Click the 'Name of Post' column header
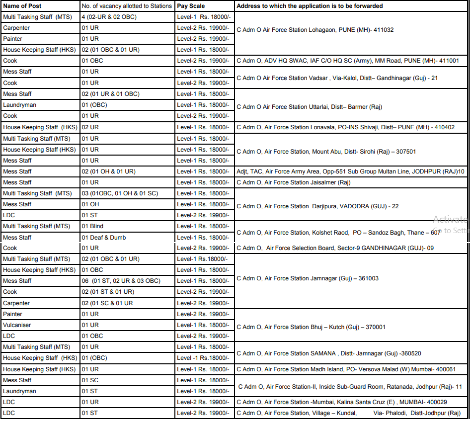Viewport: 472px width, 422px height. click(x=22, y=6)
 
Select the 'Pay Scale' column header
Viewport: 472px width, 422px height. click(x=191, y=6)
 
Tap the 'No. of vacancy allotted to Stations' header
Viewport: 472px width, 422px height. click(x=127, y=6)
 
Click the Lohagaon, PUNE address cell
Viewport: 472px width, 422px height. click(x=315, y=30)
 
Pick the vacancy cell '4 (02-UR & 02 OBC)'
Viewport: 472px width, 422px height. click(x=109, y=17)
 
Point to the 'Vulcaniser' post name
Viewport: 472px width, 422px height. click(x=17, y=325)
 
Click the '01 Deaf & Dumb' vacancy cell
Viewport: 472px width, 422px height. click(x=104, y=238)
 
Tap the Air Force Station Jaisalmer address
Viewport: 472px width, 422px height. click(x=293, y=182)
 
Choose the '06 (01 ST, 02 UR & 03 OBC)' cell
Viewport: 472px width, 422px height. click(x=121, y=281)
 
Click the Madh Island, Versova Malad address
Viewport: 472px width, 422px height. click(x=345, y=369)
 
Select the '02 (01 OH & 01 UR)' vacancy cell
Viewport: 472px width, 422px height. click(x=108, y=171)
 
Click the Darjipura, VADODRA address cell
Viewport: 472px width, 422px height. click(x=317, y=206)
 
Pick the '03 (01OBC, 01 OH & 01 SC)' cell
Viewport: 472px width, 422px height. click(x=120, y=193)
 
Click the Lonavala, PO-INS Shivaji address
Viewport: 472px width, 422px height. click(x=345, y=127)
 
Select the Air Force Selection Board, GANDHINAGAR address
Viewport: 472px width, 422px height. click(x=335, y=248)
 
